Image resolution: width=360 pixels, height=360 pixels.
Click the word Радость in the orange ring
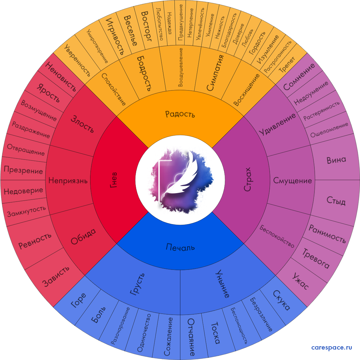[x=180, y=114]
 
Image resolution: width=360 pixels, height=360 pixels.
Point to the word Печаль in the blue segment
[x=180, y=247]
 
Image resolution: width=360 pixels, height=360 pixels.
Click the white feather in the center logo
[x=183, y=172]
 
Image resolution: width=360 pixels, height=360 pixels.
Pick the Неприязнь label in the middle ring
[x=68, y=181]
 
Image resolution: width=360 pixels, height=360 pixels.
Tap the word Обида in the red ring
[x=83, y=237]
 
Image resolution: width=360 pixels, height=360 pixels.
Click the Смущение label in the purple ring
[x=292, y=181]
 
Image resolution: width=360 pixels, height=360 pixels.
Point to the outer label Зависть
[x=56, y=276]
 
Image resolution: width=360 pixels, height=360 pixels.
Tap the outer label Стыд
[x=336, y=201]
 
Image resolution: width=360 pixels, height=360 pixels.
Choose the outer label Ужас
[x=300, y=281]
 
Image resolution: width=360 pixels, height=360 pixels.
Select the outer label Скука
[x=281, y=300]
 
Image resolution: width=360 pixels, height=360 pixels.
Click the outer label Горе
[x=78, y=300]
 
